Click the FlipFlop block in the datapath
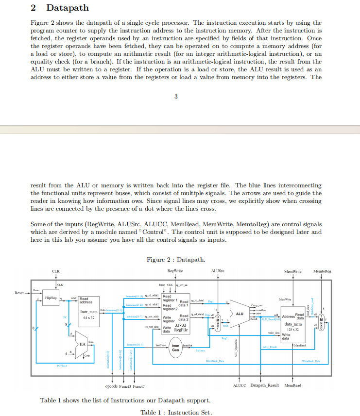51,297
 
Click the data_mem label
294,324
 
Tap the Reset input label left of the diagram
19,293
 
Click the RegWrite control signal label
175,270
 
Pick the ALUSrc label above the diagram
218,270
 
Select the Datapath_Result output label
265,386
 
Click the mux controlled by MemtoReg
321,321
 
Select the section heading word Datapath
68,8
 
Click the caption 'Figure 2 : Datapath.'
176,259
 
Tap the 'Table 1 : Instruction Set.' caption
176,412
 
